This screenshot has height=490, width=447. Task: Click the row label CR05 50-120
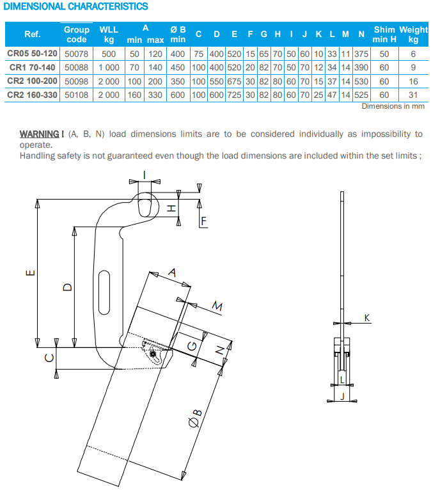point(32,54)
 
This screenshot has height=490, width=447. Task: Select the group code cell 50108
point(77,95)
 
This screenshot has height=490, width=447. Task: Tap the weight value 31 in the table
point(413,95)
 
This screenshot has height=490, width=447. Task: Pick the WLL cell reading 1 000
point(109,68)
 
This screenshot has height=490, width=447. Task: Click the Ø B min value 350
point(178,82)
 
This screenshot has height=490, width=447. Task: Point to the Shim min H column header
point(384,35)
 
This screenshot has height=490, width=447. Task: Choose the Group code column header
point(77,35)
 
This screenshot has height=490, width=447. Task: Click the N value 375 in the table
point(361,54)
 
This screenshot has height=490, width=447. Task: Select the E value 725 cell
point(234,95)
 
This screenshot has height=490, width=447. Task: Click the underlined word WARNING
point(40,134)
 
